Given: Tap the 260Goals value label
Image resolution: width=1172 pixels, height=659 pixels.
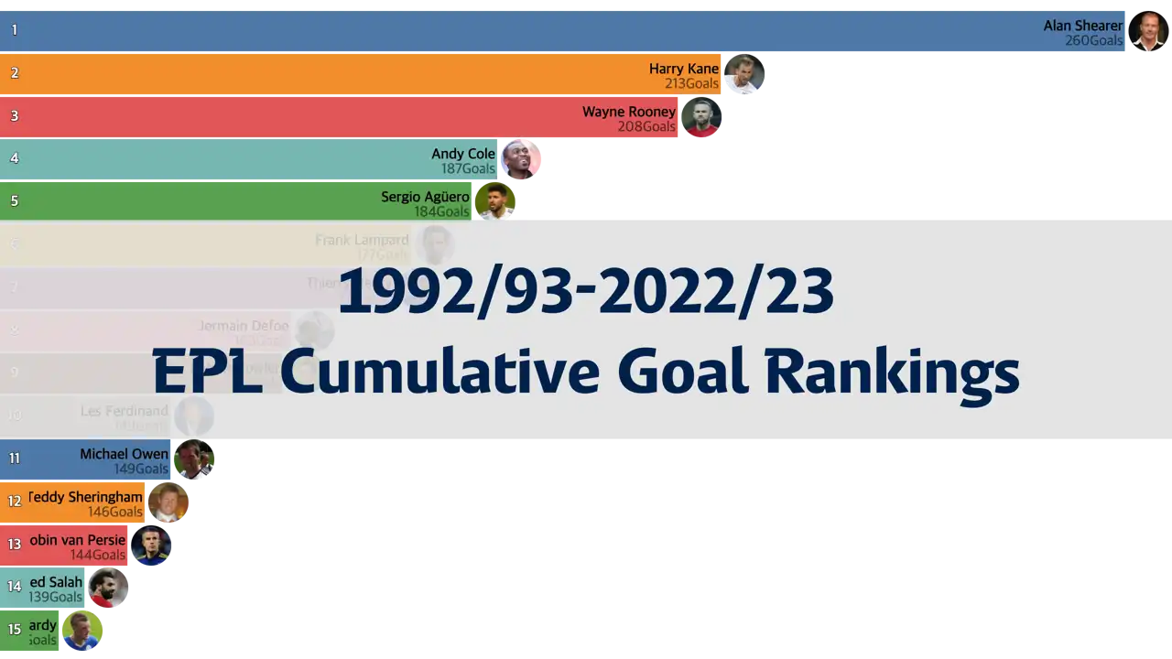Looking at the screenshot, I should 1093,41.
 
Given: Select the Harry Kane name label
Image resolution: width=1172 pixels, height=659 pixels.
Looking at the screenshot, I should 684,69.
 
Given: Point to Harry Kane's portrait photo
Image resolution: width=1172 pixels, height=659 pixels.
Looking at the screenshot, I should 743,74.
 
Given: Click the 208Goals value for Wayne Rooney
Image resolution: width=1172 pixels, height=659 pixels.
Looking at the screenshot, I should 646,126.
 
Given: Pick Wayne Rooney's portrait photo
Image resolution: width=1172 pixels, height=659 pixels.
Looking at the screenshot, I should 702,117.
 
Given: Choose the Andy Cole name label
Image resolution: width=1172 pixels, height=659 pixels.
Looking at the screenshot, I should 463,154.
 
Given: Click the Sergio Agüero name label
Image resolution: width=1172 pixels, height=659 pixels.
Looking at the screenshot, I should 425,197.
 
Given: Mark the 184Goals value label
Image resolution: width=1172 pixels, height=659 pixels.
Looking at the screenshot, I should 441,211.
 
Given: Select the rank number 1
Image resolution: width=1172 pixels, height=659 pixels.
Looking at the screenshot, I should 15,30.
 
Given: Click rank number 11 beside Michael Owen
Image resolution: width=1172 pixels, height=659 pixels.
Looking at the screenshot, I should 15,459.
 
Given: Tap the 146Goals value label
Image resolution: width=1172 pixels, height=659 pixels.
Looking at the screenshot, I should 115,512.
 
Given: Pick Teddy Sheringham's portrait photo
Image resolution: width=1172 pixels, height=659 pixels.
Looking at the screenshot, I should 168,502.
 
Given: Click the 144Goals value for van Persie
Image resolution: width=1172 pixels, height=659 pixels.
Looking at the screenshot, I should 98,555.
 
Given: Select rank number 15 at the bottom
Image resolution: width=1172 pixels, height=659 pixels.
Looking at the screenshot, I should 15,630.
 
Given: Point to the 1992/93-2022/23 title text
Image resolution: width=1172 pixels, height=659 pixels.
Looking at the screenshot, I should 586,292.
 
